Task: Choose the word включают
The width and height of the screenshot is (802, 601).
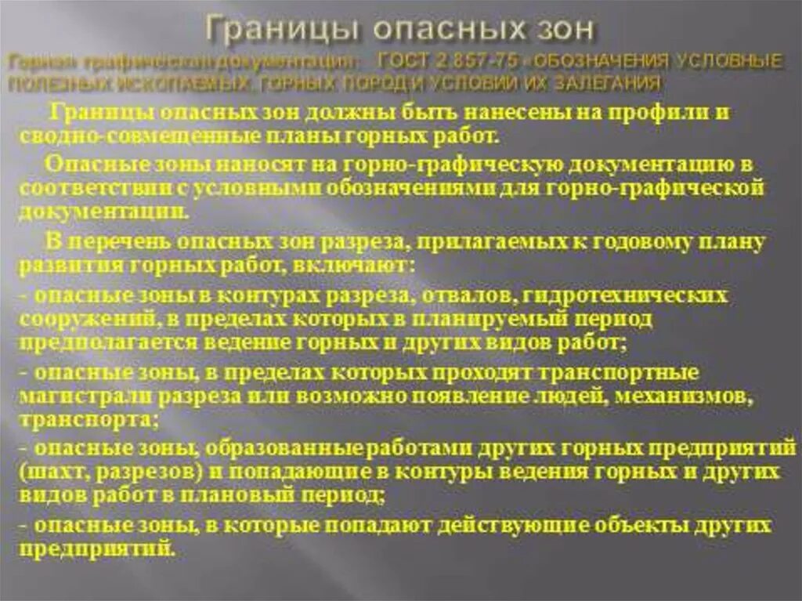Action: (x=359, y=266)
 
